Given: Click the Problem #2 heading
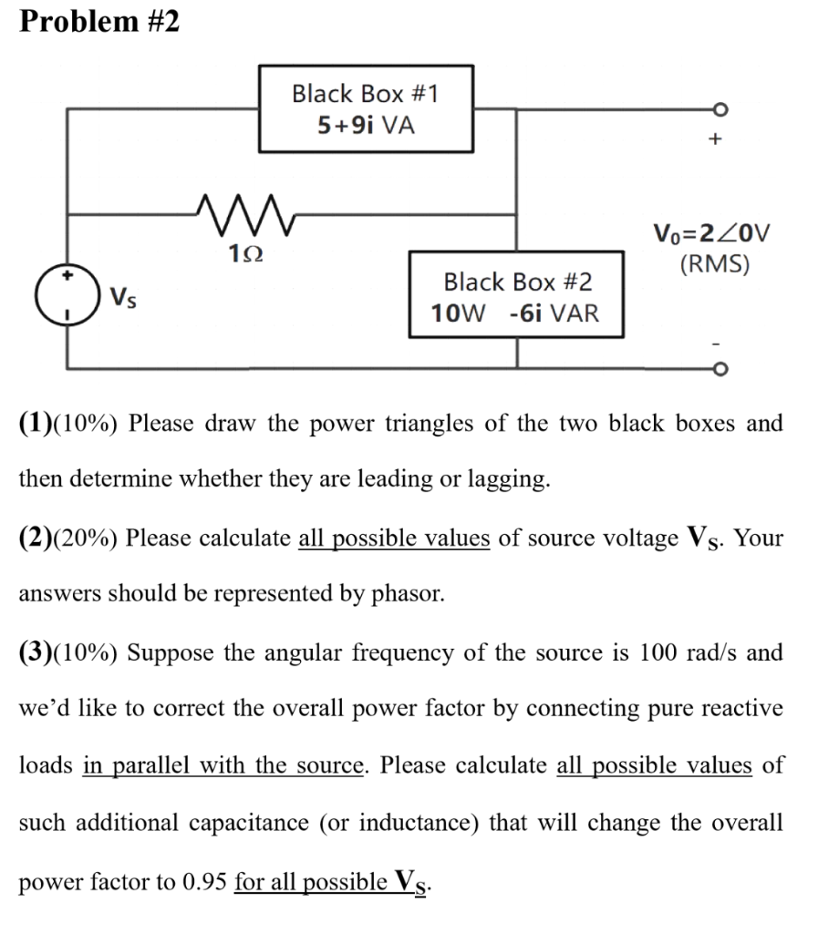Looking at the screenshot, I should (x=99, y=21).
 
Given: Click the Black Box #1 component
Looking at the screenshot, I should (x=366, y=108).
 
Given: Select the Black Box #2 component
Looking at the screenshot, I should (x=516, y=295).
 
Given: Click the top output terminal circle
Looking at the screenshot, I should (x=720, y=108).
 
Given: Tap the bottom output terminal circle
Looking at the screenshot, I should (x=720, y=370).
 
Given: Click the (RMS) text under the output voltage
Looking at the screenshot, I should (x=714, y=264).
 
